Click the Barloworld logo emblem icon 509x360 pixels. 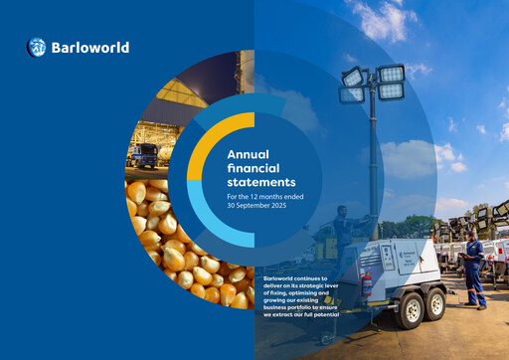pos(37,47)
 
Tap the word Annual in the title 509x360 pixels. pos(249,154)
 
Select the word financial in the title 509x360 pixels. pos(254,169)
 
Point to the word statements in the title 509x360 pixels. pos(261,183)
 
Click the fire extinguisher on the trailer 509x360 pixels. pos(367,288)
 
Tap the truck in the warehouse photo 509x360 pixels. pos(144,157)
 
